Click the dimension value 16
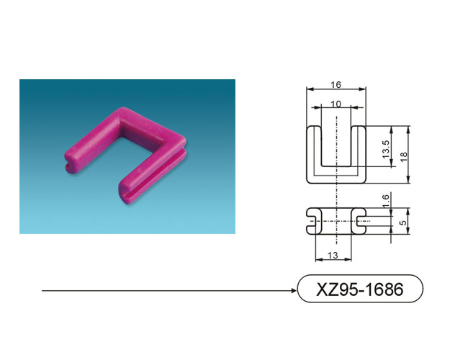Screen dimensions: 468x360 click(x=336, y=85)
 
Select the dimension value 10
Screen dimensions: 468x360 click(x=336, y=104)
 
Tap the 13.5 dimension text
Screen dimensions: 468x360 click(x=386, y=149)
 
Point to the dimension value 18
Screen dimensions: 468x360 click(x=403, y=156)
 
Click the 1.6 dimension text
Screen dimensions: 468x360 click(x=386, y=201)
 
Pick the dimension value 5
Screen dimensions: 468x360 click(x=403, y=222)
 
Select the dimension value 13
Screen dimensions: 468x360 click(x=333, y=255)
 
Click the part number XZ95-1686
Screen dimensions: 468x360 click(x=360, y=289)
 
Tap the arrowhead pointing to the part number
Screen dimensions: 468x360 click(x=294, y=290)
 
